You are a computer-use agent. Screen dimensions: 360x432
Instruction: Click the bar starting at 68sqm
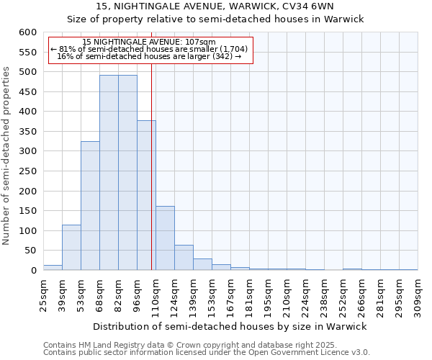(x=109, y=173)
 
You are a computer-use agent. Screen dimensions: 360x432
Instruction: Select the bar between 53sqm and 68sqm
(x=90, y=206)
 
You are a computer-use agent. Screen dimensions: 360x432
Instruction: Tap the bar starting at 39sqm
(x=71, y=248)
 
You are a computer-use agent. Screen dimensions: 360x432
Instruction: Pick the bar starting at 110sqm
(x=165, y=238)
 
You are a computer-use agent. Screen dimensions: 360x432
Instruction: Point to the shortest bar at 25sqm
(x=53, y=268)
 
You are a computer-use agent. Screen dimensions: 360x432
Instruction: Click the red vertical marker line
(x=152, y=180)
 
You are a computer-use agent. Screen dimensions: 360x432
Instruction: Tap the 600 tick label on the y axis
(x=27, y=32)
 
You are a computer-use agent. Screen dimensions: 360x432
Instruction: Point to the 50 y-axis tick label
(x=30, y=251)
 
